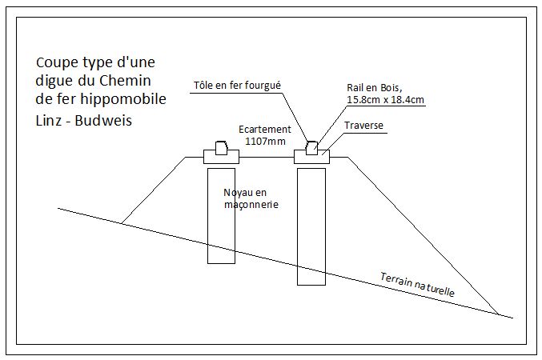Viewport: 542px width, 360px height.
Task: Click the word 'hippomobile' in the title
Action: (x=123, y=99)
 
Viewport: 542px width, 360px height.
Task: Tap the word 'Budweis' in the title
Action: (x=103, y=121)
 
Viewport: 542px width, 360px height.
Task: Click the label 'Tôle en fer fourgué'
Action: (x=237, y=86)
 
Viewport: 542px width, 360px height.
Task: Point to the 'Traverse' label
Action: (x=363, y=125)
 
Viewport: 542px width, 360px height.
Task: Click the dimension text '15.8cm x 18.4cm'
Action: (x=385, y=100)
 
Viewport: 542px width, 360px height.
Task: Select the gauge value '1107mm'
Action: (x=266, y=141)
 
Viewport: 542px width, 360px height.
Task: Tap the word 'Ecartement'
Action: (x=265, y=130)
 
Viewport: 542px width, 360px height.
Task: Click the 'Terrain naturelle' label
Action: (x=417, y=285)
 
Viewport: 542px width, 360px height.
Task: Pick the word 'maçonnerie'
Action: (x=251, y=205)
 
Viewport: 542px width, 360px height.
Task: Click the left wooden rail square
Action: (x=221, y=148)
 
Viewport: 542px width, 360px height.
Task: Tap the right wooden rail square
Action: (x=311, y=148)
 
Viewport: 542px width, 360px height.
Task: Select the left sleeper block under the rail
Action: (x=221, y=157)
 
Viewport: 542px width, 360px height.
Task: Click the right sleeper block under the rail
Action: (x=311, y=157)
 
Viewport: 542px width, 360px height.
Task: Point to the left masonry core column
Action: (x=221, y=216)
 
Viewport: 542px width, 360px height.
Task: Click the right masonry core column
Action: (x=311, y=226)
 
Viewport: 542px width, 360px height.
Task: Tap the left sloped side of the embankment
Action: (x=154, y=190)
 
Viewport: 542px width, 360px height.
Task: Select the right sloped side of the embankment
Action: (x=423, y=236)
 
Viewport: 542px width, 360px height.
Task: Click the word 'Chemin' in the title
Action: (x=125, y=81)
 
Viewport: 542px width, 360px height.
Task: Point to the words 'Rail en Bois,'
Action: (x=375, y=88)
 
